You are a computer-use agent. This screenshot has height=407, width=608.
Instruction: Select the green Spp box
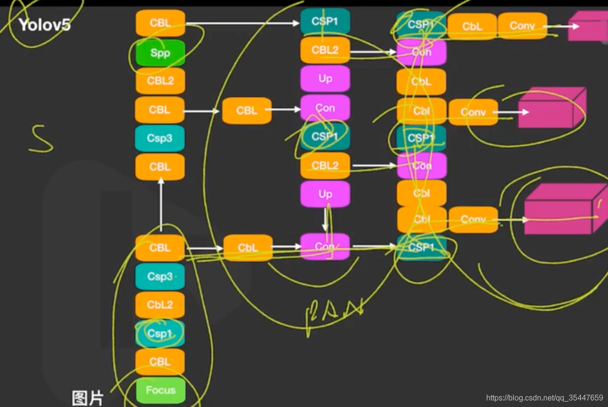160,53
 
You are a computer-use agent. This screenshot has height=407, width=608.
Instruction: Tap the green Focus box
160,390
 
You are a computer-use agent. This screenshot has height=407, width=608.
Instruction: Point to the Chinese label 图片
87,398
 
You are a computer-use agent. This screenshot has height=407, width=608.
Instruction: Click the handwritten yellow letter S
41,139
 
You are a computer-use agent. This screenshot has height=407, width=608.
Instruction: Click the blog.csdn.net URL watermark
544,398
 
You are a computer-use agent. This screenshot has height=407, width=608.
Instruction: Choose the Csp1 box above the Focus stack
160,333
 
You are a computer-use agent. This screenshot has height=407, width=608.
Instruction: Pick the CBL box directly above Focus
160,361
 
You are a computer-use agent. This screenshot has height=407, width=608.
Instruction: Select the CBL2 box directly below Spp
160,81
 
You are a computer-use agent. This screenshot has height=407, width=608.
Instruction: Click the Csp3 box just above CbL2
160,277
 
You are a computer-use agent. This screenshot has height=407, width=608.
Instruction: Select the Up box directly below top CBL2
325,79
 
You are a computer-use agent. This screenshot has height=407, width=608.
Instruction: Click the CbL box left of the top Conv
472,26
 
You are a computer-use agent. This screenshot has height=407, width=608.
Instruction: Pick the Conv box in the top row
522,26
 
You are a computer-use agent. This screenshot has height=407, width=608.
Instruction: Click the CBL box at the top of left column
160,23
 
